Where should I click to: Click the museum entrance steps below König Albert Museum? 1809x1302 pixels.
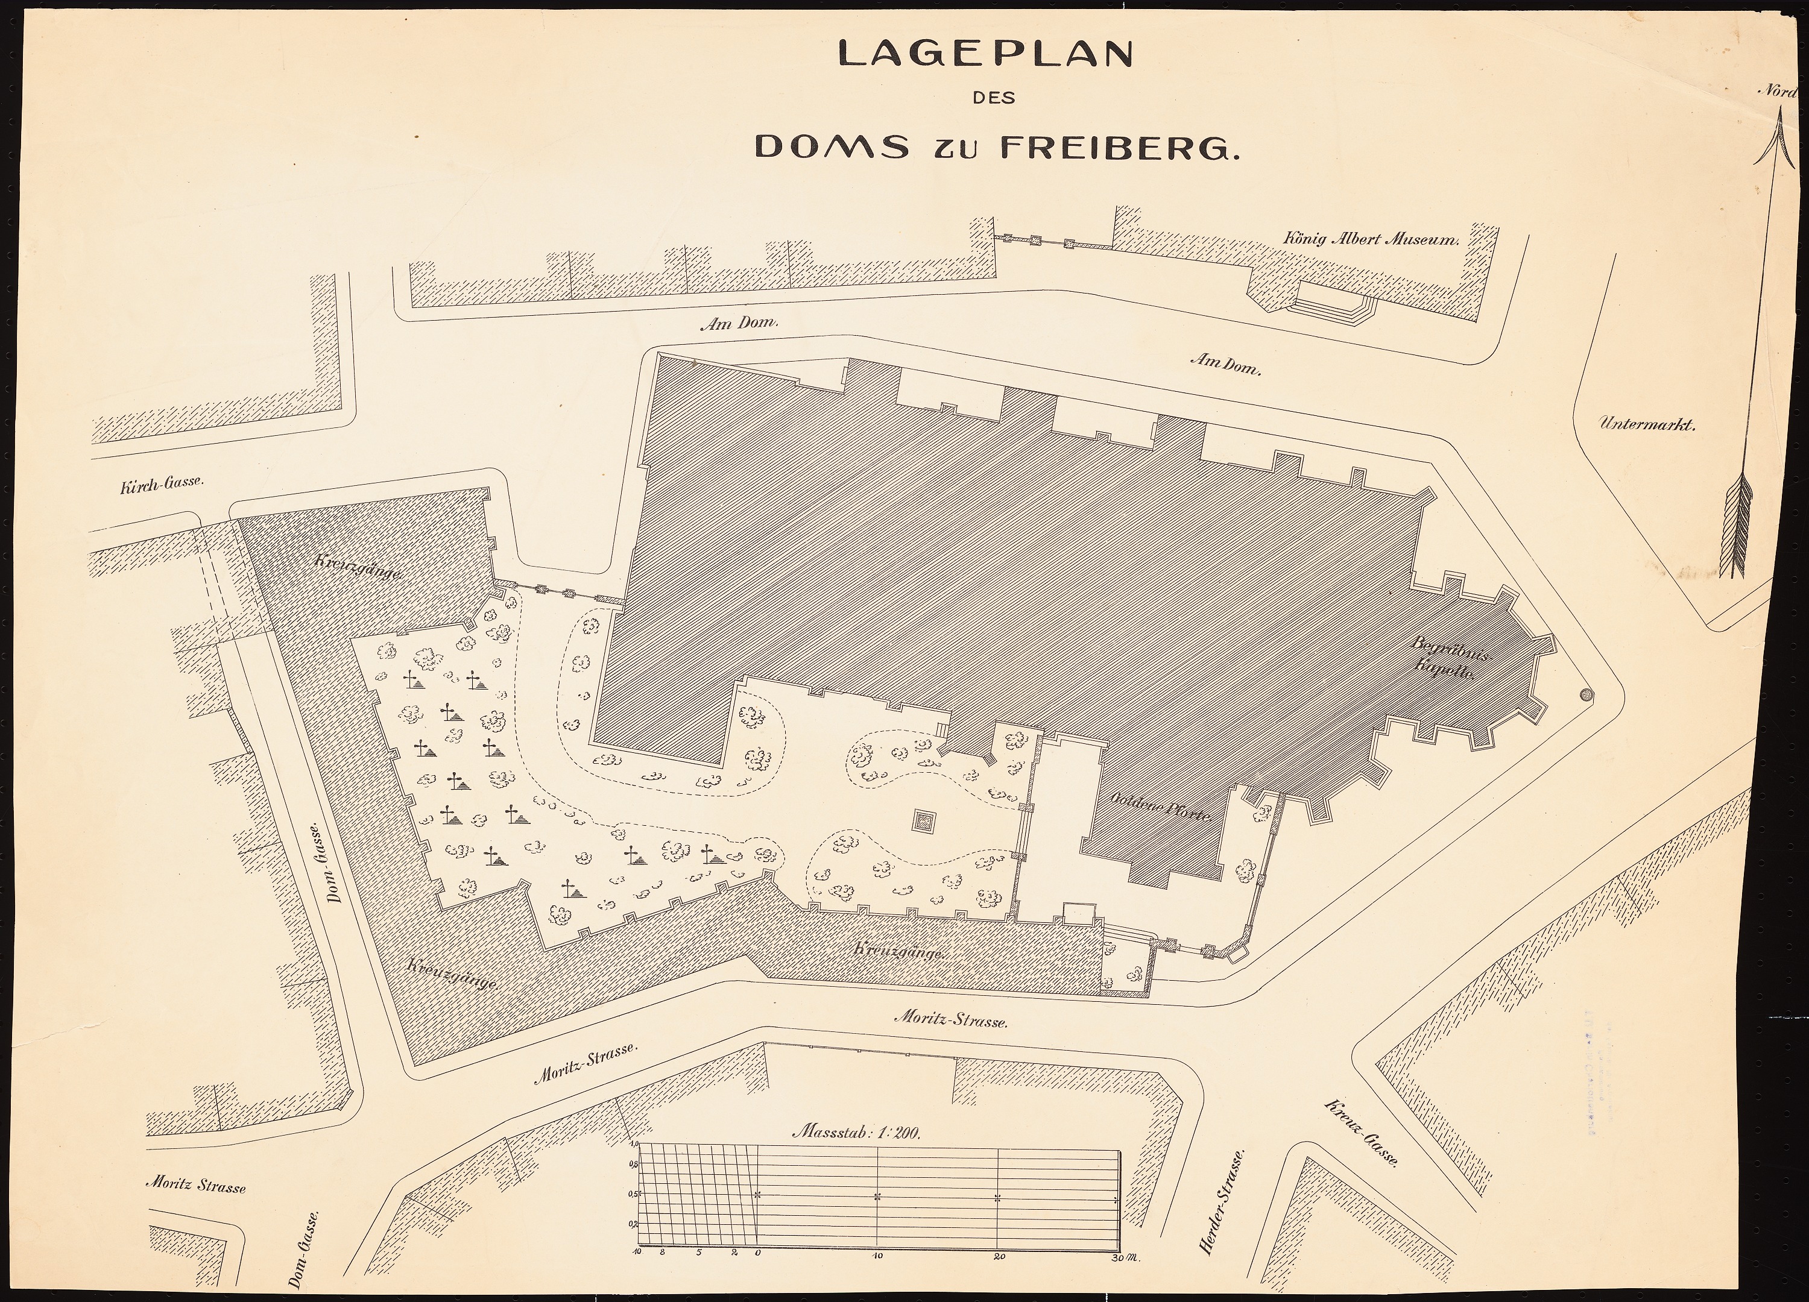point(1332,306)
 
